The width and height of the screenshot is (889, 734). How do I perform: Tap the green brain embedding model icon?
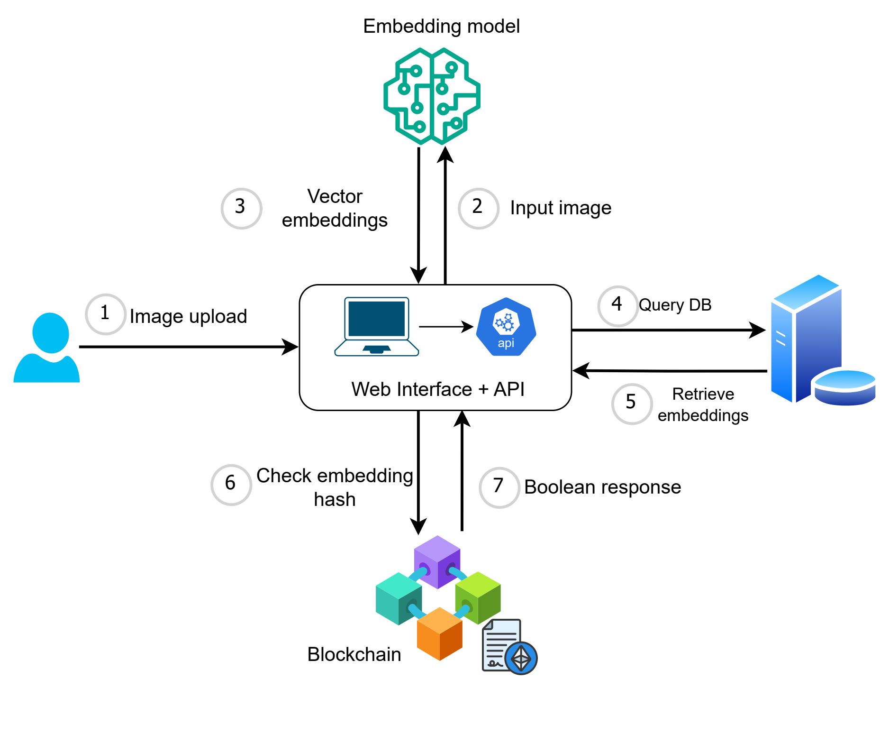pos(432,96)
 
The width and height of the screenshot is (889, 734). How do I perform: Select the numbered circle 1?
pos(105,314)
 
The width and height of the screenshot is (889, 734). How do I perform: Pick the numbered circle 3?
pos(241,208)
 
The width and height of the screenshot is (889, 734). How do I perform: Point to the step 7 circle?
pos(499,487)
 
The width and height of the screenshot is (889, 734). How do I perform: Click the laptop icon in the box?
pos(377,326)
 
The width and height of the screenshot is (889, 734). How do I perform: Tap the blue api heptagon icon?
pos(506,327)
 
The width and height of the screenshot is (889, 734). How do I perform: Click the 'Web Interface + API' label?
pos(438,389)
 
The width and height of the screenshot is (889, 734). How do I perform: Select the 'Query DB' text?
pos(675,305)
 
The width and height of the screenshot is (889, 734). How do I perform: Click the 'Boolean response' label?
pos(602,487)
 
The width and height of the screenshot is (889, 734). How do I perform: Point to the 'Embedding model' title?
pos(441,26)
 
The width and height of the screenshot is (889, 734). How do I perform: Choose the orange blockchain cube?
pos(439,633)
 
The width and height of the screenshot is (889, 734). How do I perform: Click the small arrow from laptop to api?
pos(446,326)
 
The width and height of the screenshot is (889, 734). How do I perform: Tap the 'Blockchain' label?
pos(354,654)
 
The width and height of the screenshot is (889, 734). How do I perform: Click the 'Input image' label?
pos(561,208)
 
